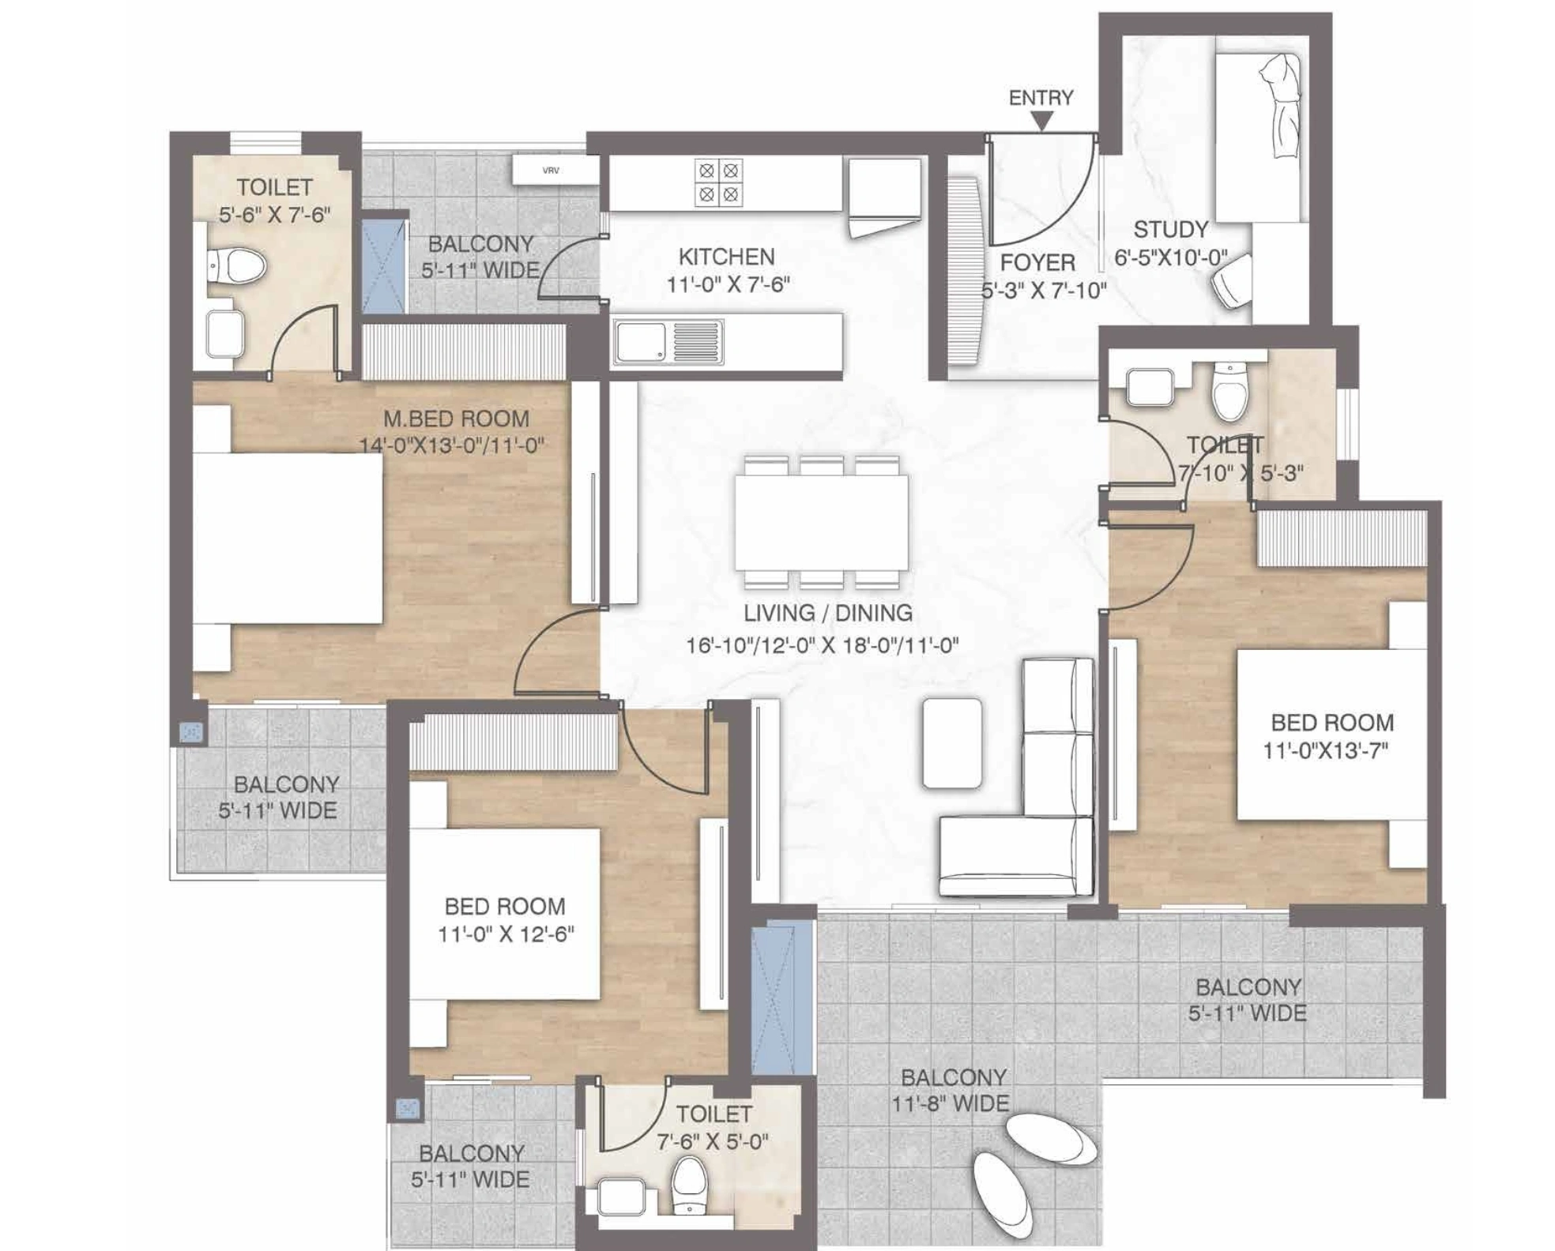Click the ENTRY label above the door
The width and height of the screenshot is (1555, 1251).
point(1041,98)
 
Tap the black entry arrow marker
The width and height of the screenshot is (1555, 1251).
point(1042,121)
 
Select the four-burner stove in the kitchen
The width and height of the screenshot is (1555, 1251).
point(718,182)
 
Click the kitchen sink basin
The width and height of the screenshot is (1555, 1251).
point(640,342)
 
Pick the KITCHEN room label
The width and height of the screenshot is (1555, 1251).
point(726,257)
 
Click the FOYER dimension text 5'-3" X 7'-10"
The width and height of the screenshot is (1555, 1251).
point(1043,291)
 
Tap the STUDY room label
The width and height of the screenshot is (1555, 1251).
point(1170,230)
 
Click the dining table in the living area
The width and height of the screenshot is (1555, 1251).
point(822,521)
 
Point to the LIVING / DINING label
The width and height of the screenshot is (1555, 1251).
point(827,613)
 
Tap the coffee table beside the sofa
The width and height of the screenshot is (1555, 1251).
point(952,742)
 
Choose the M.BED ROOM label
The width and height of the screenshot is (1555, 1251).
point(456,419)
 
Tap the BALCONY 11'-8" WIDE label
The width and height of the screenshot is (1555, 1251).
point(952,1090)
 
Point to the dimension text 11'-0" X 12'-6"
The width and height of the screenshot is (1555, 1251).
point(506,934)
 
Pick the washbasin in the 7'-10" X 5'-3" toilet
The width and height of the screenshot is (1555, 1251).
point(1150,387)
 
